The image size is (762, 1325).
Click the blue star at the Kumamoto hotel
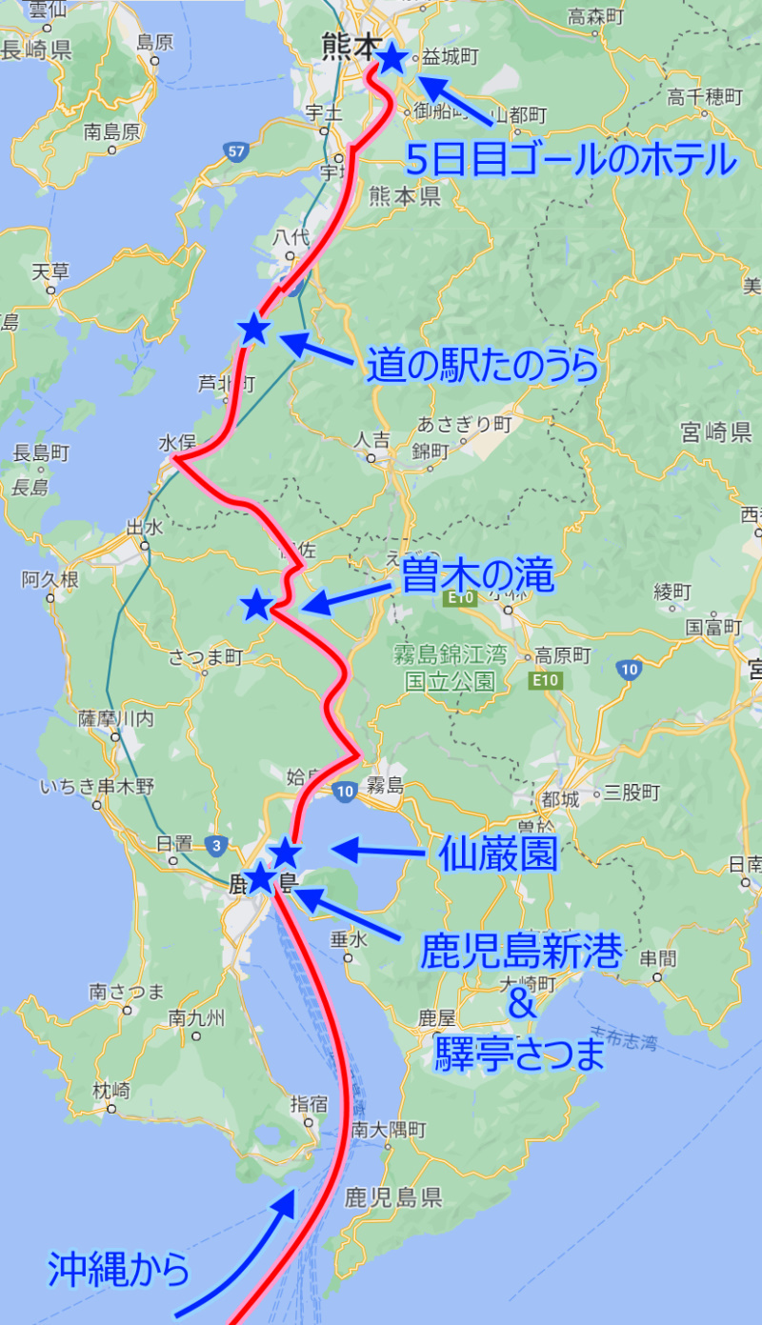pyautogui.click(x=391, y=59)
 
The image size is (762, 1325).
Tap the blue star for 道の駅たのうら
pyautogui.click(x=253, y=330)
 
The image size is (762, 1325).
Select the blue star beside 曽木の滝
pyautogui.click(x=255, y=604)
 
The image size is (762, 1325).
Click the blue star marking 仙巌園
pyautogui.click(x=285, y=853)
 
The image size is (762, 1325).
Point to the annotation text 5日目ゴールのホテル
pyautogui.click(x=571, y=160)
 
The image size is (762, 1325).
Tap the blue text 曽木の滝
pyautogui.click(x=477, y=575)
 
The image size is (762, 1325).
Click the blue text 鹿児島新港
pyautogui.click(x=521, y=951)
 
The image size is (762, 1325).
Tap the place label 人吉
pyautogui.click(x=371, y=440)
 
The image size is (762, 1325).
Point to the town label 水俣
pyautogui.click(x=176, y=443)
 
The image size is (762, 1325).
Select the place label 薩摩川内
pyautogui.click(x=115, y=718)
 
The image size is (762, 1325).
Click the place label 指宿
pyautogui.click(x=309, y=1104)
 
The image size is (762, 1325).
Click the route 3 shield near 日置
pyautogui.click(x=217, y=844)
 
